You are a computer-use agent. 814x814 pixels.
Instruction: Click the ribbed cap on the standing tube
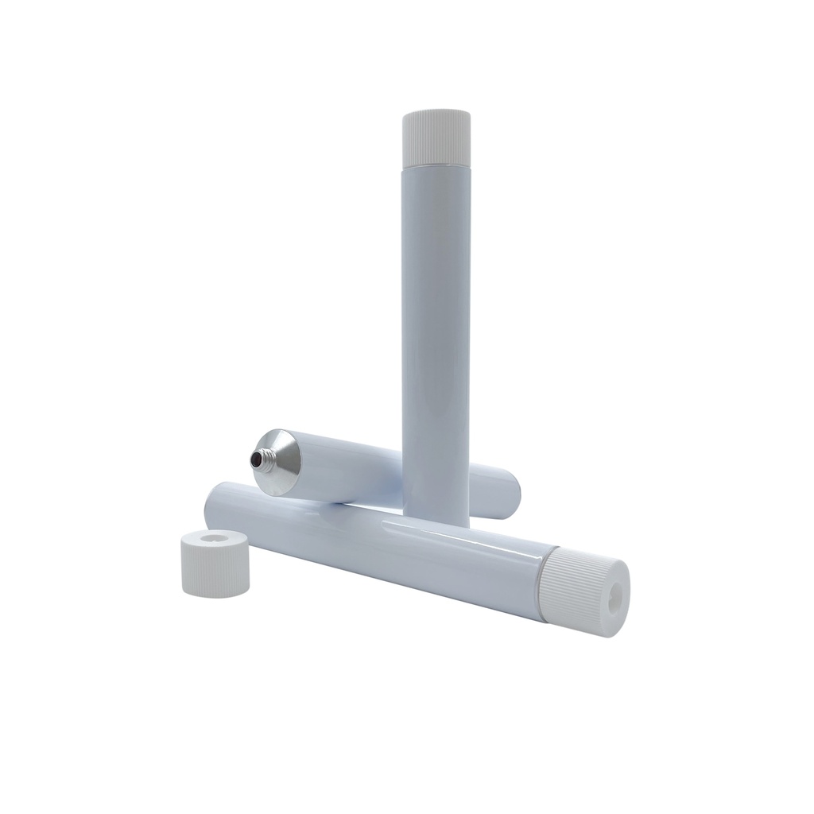[x=437, y=140]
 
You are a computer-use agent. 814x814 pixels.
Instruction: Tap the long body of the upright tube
[x=437, y=318]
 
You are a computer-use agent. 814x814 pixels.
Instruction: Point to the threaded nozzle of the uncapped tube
[x=260, y=459]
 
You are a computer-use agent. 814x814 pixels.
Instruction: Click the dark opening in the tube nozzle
[x=254, y=459]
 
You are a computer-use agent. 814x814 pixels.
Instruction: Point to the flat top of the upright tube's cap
[x=437, y=116]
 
